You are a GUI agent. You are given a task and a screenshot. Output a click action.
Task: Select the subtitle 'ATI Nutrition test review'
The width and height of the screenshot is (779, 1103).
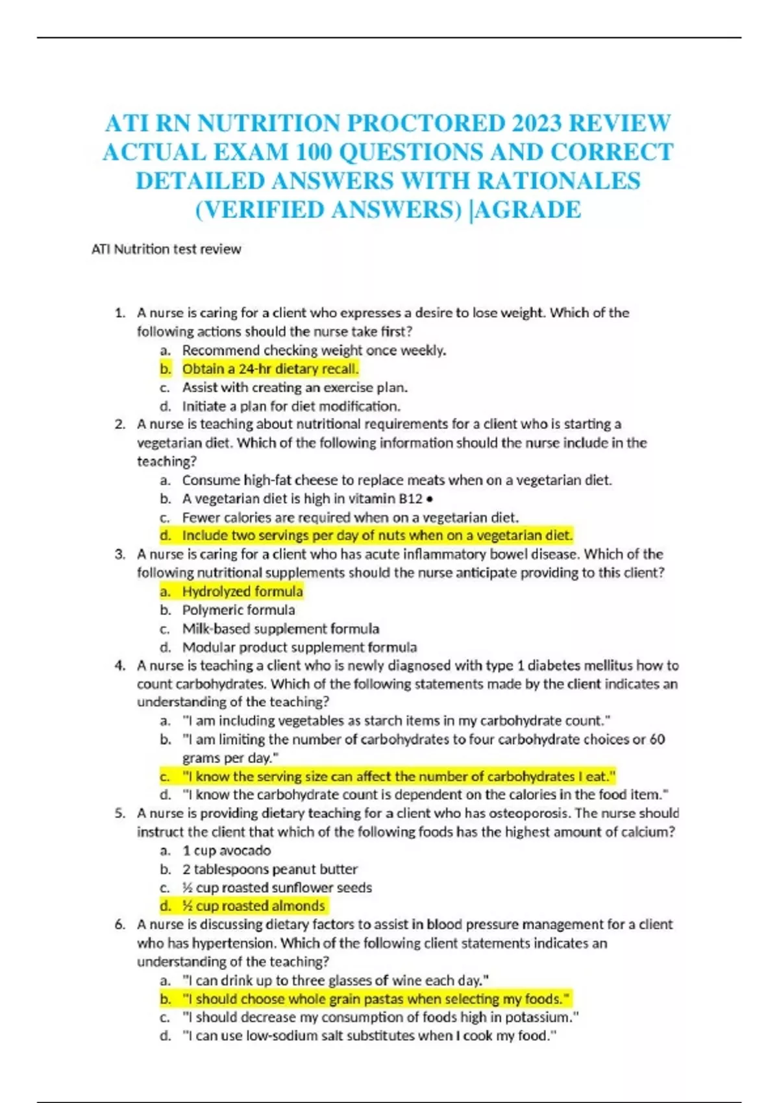pyautogui.click(x=166, y=249)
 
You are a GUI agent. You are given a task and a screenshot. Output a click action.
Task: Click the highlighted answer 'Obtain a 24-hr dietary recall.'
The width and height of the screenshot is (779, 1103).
pyautogui.click(x=270, y=369)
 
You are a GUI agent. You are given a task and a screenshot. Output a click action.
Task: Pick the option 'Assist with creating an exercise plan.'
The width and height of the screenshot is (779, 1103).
pyautogui.click(x=295, y=388)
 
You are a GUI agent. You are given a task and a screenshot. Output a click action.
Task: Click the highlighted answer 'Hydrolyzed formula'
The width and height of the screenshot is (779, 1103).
pyautogui.click(x=242, y=592)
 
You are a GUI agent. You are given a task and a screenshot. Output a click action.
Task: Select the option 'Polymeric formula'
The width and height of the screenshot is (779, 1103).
pyautogui.click(x=238, y=611)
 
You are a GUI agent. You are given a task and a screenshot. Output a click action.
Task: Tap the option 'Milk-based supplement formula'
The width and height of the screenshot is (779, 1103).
pyautogui.click(x=280, y=629)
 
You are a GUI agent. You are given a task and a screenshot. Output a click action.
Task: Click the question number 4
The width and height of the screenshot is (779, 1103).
pyautogui.click(x=119, y=666)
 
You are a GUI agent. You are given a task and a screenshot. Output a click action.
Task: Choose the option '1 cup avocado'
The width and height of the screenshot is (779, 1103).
pyautogui.click(x=227, y=851)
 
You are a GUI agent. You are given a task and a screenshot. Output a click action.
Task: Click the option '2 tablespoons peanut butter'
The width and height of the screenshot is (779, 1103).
pyautogui.click(x=269, y=869)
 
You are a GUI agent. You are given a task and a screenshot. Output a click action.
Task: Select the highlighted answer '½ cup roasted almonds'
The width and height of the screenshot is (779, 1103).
pyautogui.click(x=253, y=906)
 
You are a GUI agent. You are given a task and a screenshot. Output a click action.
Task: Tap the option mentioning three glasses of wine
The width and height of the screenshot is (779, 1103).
pyautogui.click(x=336, y=980)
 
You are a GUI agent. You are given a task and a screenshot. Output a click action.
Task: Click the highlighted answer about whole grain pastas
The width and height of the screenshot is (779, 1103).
pyautogui.click(x=376, y=999)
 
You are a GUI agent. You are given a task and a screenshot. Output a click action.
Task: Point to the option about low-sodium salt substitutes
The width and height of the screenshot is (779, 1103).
pyautogui.click(x=369, y=1036)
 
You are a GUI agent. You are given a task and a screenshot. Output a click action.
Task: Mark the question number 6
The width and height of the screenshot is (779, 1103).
pyautogui.click(x=119, y=925)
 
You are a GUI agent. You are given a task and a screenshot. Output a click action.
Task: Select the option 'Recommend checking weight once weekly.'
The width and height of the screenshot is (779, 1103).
pyautogui.click(x=314, y=351)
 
